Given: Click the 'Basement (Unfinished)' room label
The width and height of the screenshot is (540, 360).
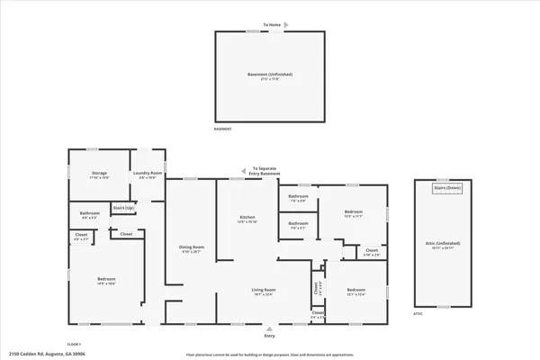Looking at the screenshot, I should click(270, 76).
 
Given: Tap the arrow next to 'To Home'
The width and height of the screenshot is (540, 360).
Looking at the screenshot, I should click(270, 31).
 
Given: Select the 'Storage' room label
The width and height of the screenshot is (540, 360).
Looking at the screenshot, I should click(100, 173).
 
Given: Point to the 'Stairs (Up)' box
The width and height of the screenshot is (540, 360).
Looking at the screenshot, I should click(123, 209).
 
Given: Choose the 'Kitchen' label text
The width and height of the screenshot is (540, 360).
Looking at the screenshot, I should click(247, 219).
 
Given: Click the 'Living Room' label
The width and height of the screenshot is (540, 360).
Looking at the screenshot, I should click(263, 291).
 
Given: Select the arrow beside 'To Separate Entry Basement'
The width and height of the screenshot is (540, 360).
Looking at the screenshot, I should click(244, 168).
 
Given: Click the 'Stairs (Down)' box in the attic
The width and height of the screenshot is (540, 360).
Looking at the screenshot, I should click(447, 188).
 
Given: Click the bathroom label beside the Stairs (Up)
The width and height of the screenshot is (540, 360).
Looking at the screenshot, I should click(91, 216).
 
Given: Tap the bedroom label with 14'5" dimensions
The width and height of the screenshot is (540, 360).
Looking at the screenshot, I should click(106, 281).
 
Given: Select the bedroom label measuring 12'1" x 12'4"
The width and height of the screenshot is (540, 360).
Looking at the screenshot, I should click(355, 292).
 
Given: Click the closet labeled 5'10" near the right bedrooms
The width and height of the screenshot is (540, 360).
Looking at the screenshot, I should click(371, 252).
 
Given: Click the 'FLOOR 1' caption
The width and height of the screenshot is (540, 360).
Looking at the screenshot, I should click(75, 344).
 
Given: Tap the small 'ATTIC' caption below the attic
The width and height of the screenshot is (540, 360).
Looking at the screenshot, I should click(418, 314).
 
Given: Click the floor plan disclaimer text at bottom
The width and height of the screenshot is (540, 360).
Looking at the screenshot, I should click(269, 355).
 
